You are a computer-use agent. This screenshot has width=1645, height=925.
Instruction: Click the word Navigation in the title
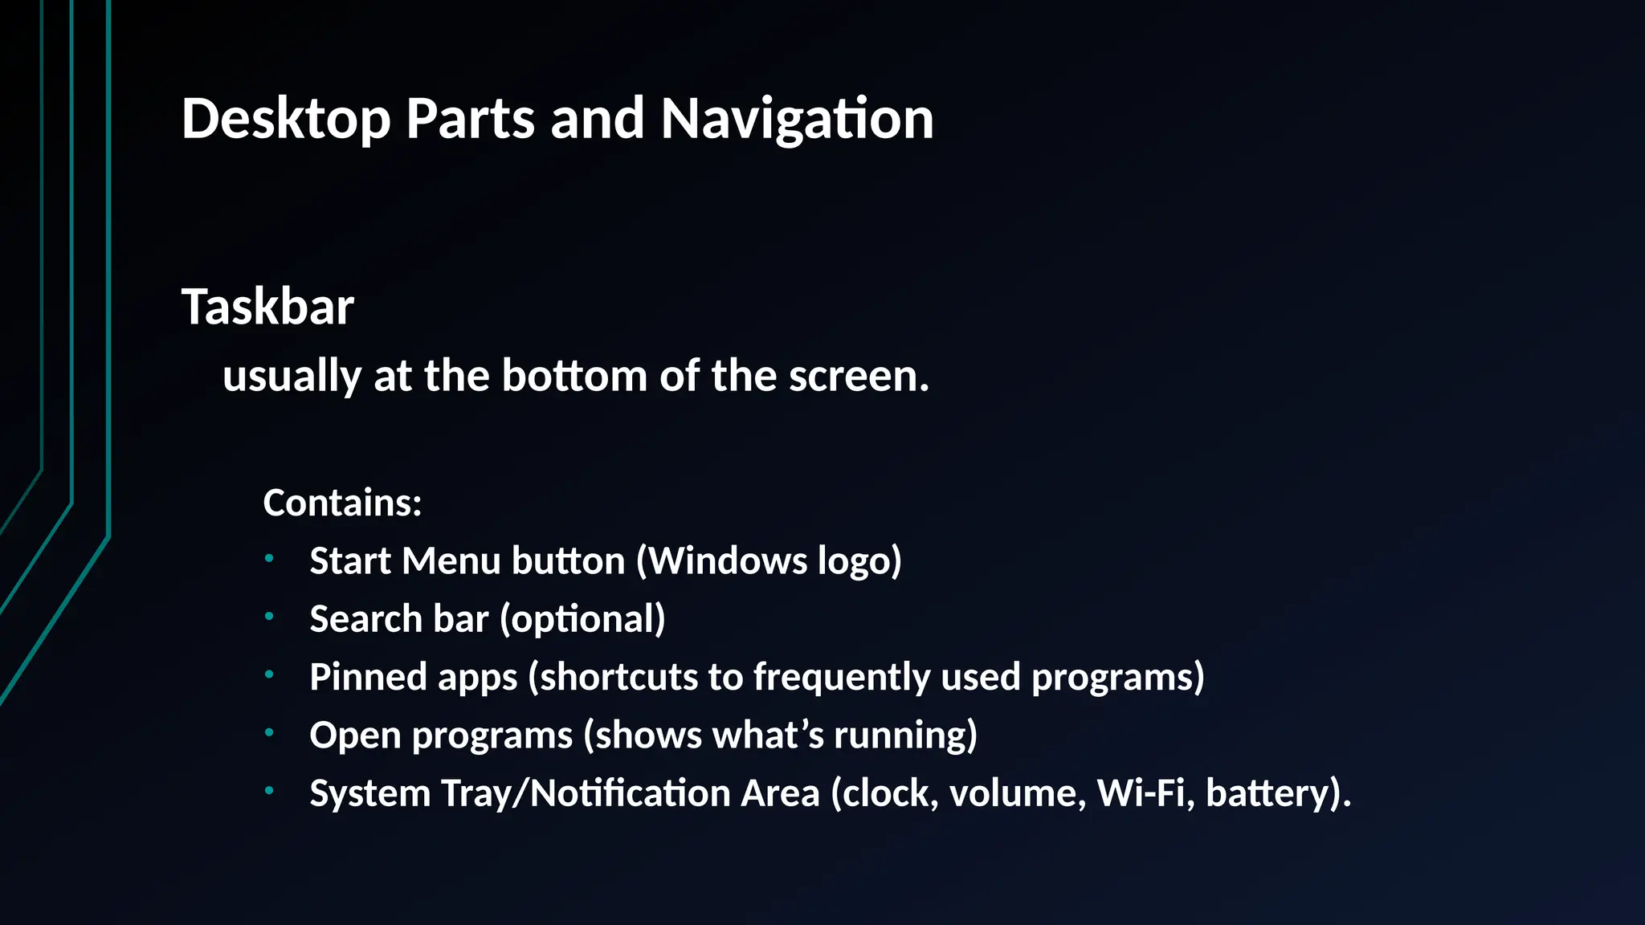coord(797,119)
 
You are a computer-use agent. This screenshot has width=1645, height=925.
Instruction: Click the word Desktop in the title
coord(286,119)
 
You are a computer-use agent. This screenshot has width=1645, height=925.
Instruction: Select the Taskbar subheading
coord(267,307)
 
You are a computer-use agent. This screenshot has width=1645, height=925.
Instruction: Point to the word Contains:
coord(342,503)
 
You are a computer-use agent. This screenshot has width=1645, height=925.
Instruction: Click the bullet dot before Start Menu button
coord(269,557)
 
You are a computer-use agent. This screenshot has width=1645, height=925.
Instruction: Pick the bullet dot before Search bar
coord(269,616)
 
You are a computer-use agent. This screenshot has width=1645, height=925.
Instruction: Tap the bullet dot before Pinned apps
coord(269,674)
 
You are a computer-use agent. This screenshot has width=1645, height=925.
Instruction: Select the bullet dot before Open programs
coord(269,732)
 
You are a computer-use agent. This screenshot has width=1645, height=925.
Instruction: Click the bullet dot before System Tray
coord(269,791)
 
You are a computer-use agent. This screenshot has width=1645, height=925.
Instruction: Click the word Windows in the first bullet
coord(728,560)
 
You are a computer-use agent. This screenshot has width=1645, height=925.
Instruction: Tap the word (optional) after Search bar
coord(582,619)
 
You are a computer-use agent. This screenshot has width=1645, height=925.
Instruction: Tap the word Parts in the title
coord(470,119)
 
